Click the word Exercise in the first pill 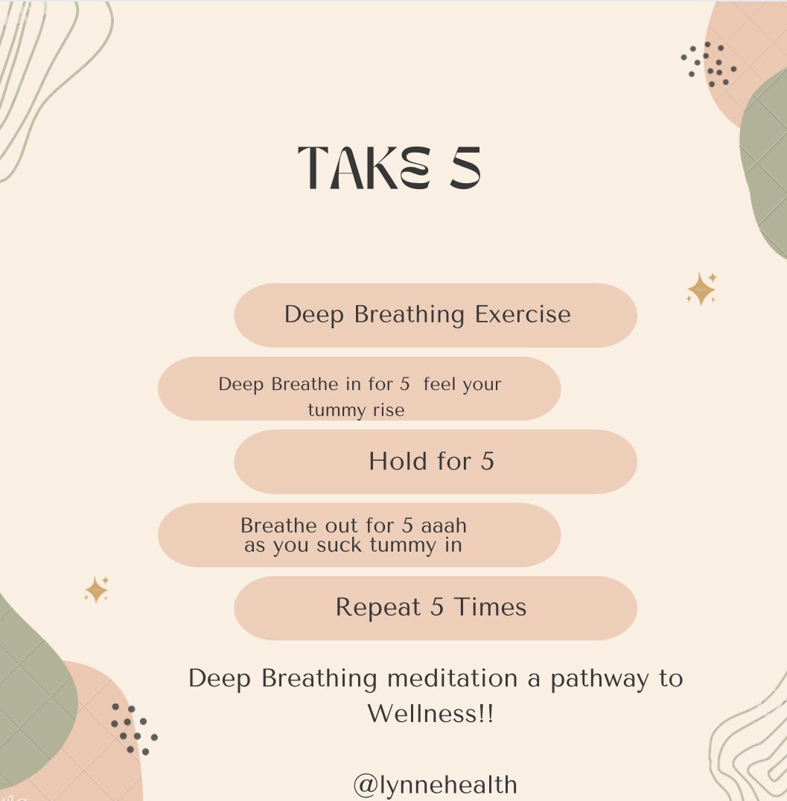point(523,314)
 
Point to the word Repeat point(379,607)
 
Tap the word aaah point(444,526)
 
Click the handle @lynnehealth point(435,785)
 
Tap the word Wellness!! point(431,715)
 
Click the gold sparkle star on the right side point(701,289)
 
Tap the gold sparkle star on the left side point(96,590)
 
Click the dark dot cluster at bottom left point(133,729)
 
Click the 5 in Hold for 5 point(487,462)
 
